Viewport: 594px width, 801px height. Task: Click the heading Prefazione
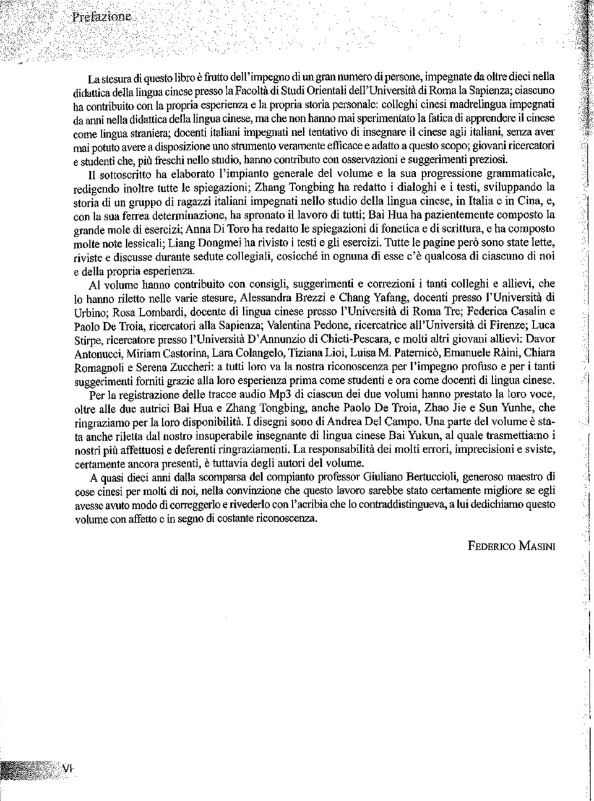[x=102, y=17]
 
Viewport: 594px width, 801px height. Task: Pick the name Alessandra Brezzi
[x=284, y=298]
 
